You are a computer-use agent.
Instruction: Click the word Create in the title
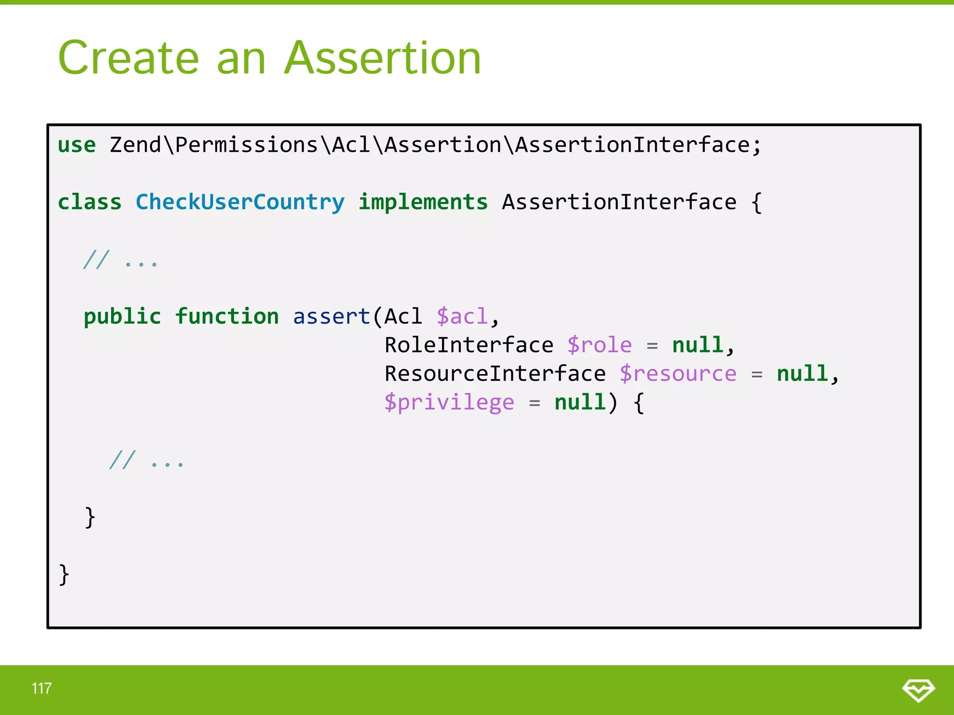click(129, 58)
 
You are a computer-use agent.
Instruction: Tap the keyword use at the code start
click(76, 145)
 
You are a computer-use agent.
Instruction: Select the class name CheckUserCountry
click(240, 202)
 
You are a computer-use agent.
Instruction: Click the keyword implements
click(423, 202)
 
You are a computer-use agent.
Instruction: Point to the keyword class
click(89, 202)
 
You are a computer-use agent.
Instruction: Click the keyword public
click(122, 317)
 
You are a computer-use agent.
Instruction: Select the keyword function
click(227, 317)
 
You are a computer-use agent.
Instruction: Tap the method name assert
click(331, 317)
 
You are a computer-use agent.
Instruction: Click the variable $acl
click(462, 317)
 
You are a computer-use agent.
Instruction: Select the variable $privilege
click(449, 403)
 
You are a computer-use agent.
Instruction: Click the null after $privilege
click(580, 403)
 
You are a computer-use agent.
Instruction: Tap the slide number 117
click(41, 688)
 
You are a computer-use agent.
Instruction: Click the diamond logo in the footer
click(918, 689)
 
